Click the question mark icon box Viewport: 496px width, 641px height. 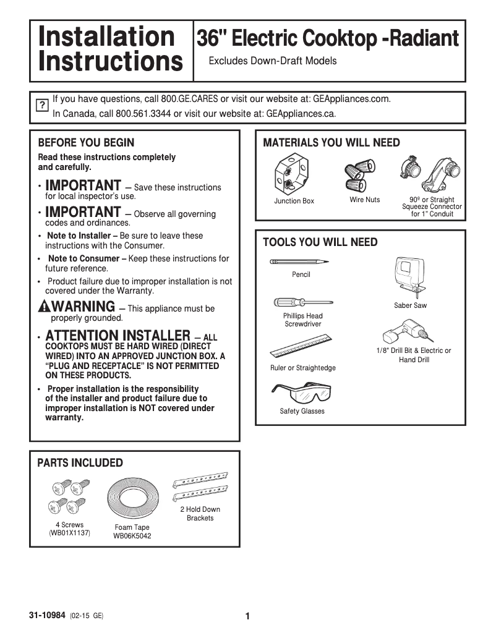tap(41, 105)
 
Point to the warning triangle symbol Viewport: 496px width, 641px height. tap(43, 307)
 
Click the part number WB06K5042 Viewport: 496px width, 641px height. tap(132, 536)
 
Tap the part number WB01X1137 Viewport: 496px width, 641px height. tap(69, 533)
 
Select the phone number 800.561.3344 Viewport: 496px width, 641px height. tap(143, 114)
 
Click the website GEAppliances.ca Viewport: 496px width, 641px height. tap(301, 114)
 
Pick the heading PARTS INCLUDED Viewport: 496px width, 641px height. tap(80, 463)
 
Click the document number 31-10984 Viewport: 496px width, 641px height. tap(47, 616)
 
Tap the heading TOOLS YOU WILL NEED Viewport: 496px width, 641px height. tap(320, 242)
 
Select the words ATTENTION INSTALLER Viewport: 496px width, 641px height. tap(118, 336)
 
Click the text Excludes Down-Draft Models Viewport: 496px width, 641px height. tap(273, 61)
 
